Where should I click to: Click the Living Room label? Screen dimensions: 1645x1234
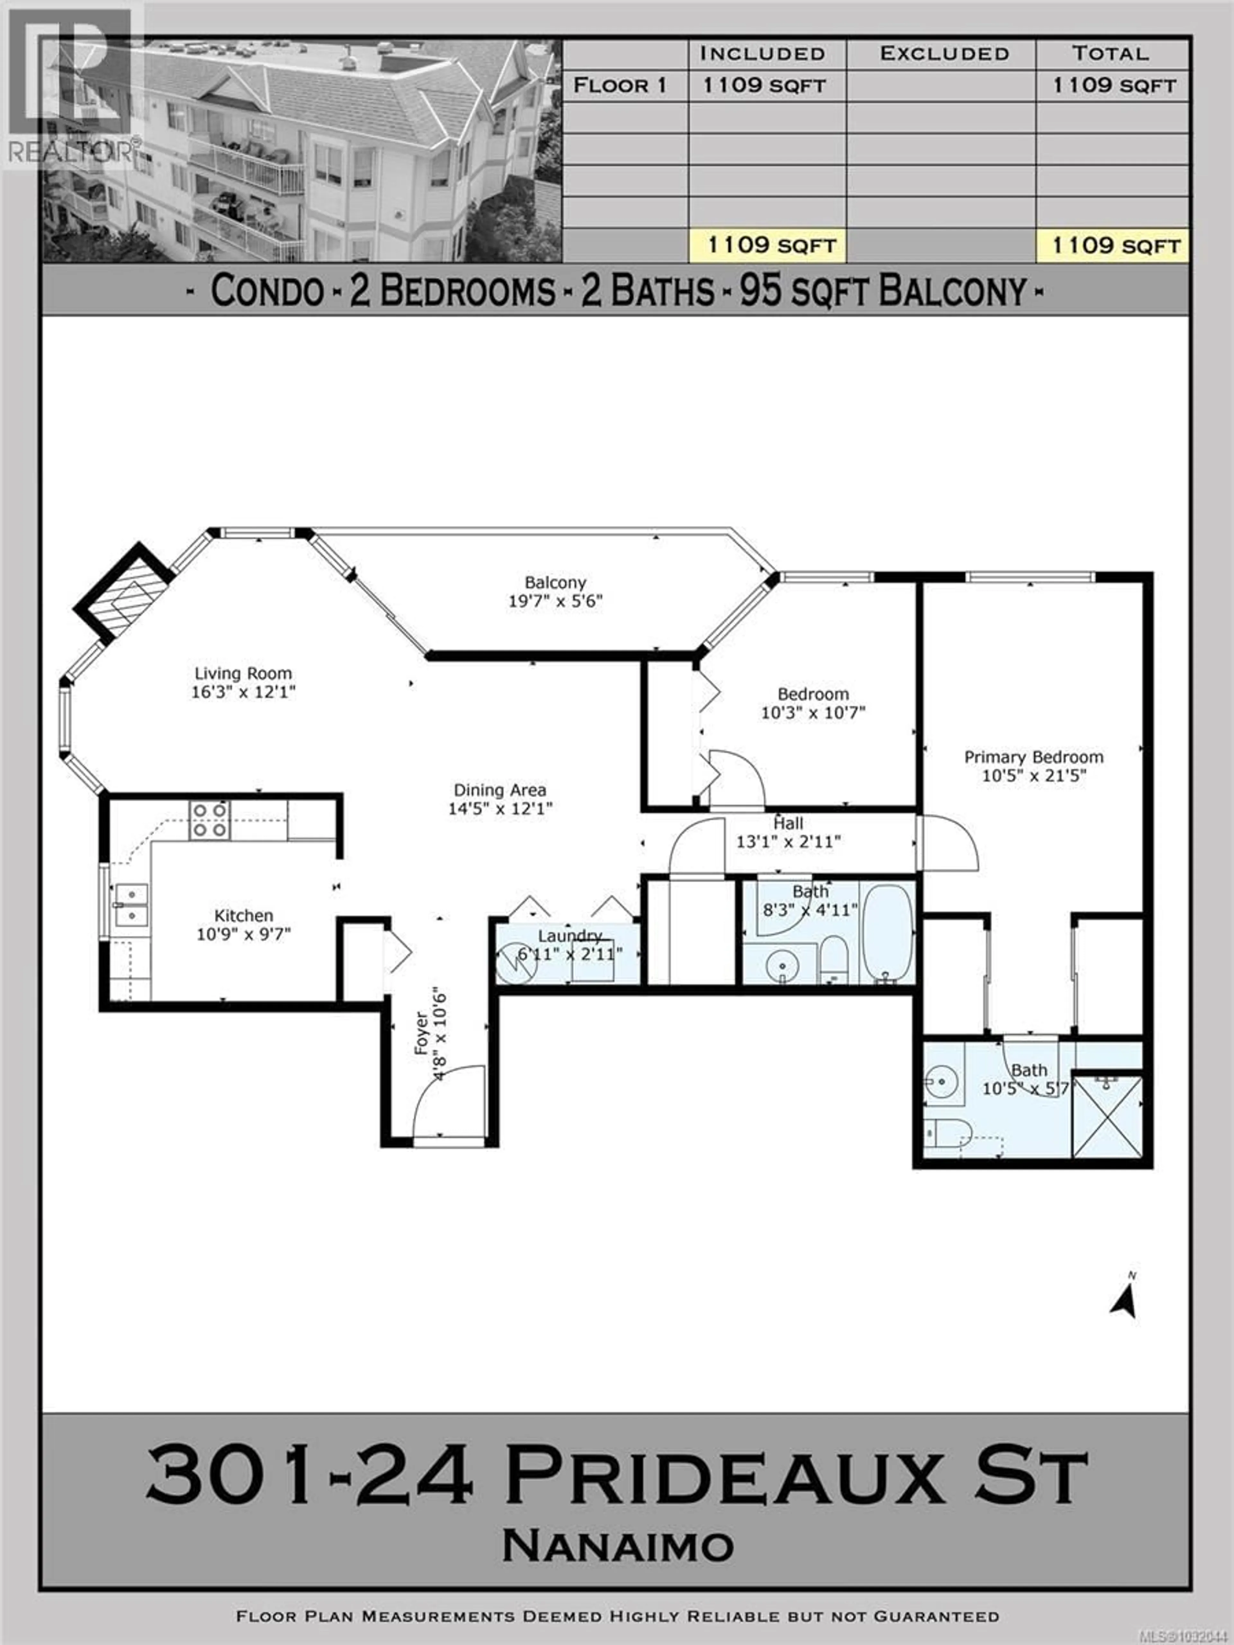point(243,673)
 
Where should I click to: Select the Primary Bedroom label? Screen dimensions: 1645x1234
point(1033,757)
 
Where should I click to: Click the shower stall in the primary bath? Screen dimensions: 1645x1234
point(1107,1117)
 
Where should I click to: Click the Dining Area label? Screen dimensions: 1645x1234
point(500,790)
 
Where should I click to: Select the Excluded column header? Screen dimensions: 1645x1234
point(944,54)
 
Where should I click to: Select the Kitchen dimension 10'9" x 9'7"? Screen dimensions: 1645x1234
point(243,934)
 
